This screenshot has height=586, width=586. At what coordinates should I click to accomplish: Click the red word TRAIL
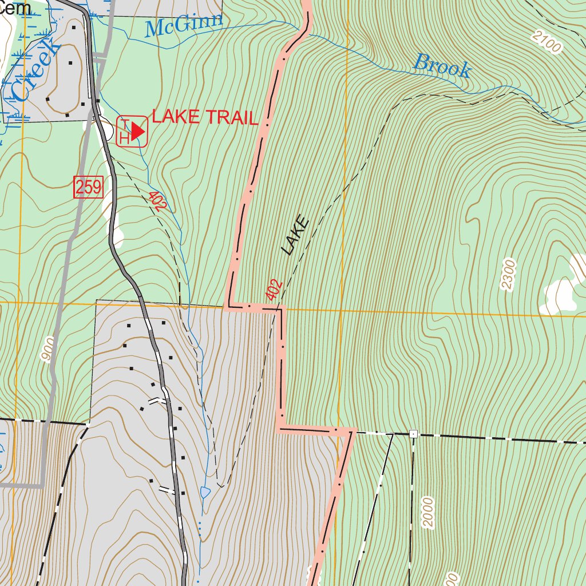231,118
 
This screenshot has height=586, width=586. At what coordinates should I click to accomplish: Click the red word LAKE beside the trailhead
176,117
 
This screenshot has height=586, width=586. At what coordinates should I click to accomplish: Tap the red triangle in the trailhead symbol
137,132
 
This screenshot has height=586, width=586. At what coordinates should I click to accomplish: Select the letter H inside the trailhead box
124,138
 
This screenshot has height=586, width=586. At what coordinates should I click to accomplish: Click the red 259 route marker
88,187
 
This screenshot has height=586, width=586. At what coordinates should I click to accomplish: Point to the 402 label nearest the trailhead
155,201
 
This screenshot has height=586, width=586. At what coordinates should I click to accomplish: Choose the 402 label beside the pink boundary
274,290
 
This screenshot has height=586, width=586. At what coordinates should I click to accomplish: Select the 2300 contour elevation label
508,275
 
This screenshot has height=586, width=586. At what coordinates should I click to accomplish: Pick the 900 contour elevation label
48,349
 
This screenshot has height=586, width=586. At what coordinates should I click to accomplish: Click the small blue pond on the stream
205,492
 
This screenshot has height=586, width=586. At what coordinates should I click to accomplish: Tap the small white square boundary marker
413,434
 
